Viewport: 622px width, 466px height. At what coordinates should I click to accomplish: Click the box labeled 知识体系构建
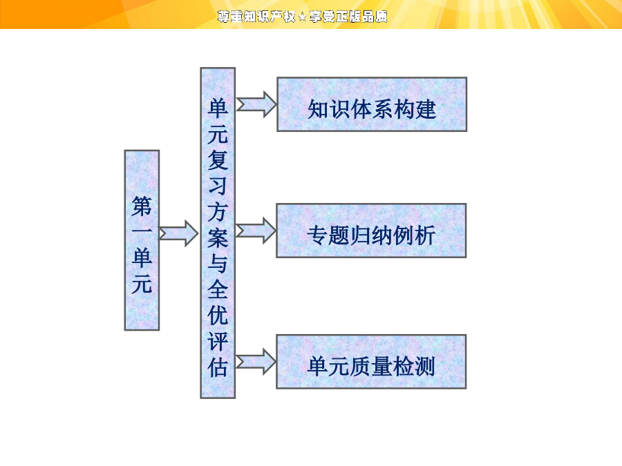point(372,104)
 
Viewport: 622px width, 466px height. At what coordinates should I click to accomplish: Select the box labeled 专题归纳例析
point(371,231)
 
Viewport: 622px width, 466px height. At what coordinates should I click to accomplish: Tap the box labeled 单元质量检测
point(371,362)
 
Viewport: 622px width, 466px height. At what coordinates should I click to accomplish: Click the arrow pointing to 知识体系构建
point(256,104)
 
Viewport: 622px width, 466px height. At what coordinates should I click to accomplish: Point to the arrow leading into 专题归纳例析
point(256,231)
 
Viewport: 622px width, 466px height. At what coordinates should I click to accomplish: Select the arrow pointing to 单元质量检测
point(256,362)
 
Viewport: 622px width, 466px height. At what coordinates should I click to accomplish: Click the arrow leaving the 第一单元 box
point(178,233)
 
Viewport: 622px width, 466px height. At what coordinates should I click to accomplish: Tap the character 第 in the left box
point(142,206)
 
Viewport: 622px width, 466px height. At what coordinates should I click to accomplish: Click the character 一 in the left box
point(142,231)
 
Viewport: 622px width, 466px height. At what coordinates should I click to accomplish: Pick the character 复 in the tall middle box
point(218,160)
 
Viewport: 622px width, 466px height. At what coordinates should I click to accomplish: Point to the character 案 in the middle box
point(218,237)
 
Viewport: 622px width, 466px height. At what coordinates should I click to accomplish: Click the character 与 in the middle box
point(218,264)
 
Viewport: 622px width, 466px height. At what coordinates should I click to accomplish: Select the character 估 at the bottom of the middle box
point(218,367)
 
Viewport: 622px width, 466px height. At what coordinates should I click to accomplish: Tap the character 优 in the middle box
point(218,315)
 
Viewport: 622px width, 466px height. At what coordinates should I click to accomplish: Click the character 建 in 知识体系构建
point(426,109)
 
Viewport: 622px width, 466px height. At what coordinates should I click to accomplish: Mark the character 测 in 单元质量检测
point(425,366)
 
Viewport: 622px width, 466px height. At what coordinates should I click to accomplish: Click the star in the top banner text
point(302,17)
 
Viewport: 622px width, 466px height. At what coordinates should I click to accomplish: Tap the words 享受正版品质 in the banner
point(348,17)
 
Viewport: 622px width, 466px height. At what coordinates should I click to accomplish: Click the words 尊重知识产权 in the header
point(256,17)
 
